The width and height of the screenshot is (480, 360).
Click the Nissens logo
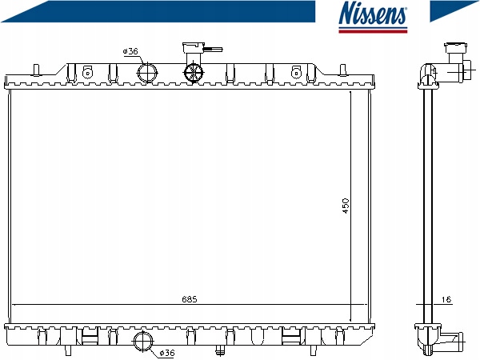[x=373, y=17]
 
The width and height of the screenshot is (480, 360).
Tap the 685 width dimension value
[x=190, y=299]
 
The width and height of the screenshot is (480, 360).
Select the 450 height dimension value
[x=346, y=206]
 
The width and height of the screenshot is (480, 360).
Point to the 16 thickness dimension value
[x=447, y=299]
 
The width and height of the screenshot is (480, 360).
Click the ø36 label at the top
[x=130, y=51]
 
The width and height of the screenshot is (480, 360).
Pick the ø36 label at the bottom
[x=167, y=353]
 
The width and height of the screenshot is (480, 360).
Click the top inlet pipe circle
[x=147, y=73]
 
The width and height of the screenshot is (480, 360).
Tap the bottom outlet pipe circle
[x=143, y=342]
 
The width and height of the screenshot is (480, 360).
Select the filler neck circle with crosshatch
[x=193, y=73]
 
